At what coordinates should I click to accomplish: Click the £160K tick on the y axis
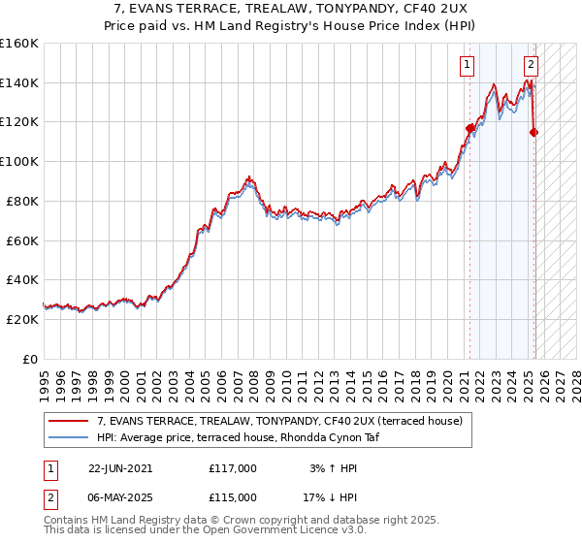click(x=19, y=44)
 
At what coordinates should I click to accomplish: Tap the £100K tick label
click(x=19, y=161)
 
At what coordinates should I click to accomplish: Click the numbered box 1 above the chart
click(x=468, y=65)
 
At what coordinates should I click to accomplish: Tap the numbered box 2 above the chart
click(x=532, y=65)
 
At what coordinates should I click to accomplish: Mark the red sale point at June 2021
click(x=470, y=128)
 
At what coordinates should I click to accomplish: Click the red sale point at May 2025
click(x=533, y=132)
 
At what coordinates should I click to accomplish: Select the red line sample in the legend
click(x=70, y=421)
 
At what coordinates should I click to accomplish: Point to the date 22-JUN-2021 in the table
click(x=120, y=468)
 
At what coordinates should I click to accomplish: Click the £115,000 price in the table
click(x=233, y=497)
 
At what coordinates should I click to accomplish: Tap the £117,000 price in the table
click(x=233, y=468)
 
